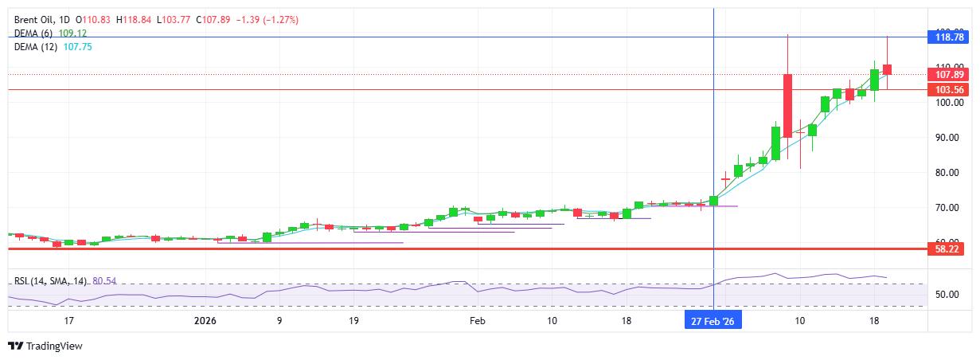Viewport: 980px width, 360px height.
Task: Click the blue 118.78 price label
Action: (x=949, y=37)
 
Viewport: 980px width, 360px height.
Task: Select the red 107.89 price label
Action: (x=949, y=74)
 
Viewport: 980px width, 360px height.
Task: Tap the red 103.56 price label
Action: (x=949, y=90)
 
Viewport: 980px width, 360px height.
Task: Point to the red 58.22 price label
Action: (x=949, y=249)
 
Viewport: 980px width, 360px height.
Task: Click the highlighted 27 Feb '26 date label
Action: (x=714, y=320)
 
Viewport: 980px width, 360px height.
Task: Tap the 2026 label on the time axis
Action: (x=205, y=320)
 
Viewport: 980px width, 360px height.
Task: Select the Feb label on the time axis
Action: (x=477, y=320)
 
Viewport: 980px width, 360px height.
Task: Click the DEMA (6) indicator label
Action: (x=34, y=33)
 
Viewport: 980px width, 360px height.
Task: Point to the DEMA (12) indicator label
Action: (x=37, y=47)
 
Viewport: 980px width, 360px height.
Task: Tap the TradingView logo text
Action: (x=54, y=346)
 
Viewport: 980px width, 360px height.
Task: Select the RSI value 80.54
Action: (x=105, y=281)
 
